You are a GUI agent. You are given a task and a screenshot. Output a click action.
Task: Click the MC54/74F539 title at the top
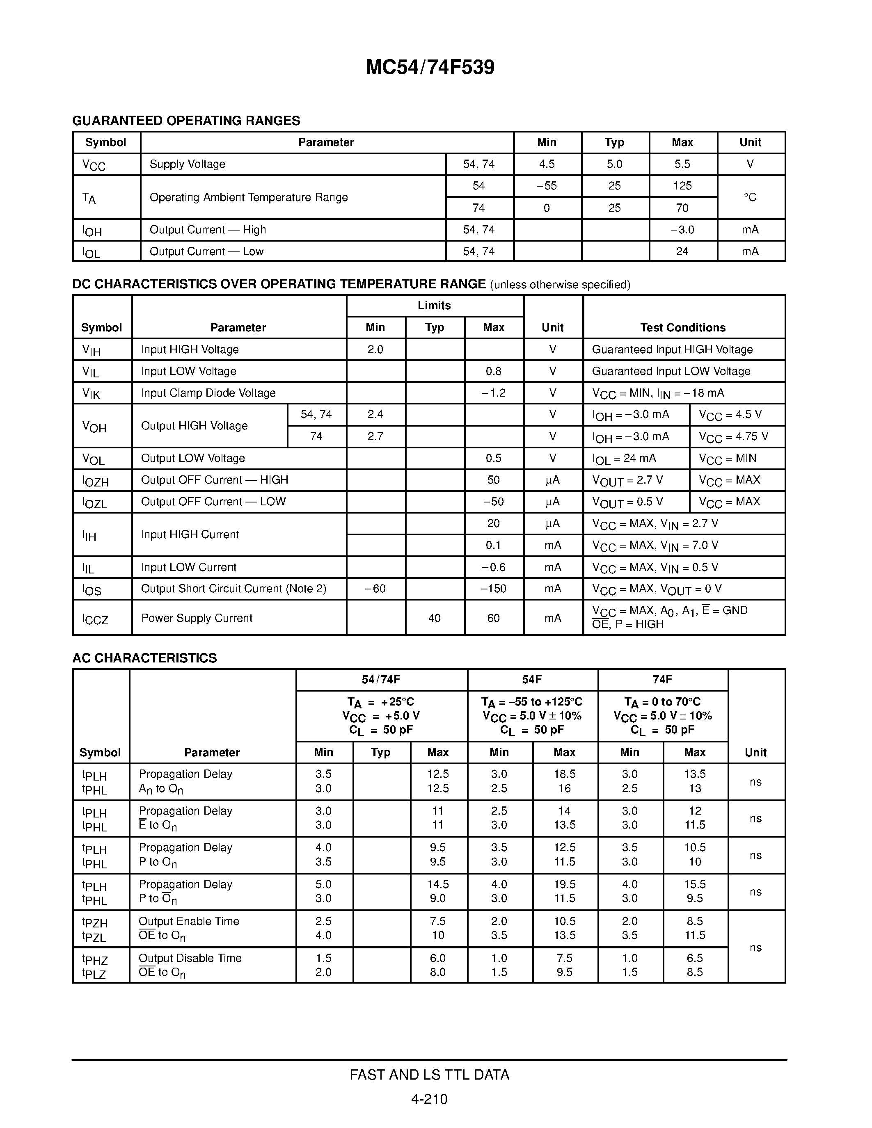(430, 68)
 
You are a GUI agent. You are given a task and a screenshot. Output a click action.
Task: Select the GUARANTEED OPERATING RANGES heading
(186, 121)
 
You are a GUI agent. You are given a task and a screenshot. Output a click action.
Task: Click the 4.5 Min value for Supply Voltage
(547, 164)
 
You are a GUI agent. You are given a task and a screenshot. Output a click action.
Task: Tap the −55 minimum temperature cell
(547, 186)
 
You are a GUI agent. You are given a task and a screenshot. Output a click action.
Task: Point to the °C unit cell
(750, 197)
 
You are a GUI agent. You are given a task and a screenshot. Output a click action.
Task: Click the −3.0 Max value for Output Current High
(682, 230)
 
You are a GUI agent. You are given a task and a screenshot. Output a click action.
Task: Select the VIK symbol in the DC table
(91, 393)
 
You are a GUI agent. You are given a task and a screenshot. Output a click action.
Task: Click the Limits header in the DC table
(434, 306)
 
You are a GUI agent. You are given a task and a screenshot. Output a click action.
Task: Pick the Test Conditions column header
(682, 327)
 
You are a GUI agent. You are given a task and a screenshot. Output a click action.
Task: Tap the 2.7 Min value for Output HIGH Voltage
(375, 436)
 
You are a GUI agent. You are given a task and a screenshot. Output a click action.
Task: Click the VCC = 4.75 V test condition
(734, 437)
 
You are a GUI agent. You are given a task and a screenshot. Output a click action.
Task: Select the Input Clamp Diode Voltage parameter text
(208, 393)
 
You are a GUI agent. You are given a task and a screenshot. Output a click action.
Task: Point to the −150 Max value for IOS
(493, 589)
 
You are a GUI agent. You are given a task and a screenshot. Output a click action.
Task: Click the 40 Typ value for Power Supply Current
(435, 618)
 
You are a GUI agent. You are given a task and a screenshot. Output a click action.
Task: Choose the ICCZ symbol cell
(95, 619)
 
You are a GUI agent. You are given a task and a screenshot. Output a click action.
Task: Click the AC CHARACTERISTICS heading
(144, 658)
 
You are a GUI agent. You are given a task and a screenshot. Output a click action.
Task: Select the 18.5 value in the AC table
(564, 774)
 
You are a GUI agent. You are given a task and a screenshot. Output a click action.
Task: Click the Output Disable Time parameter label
(190, 958)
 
